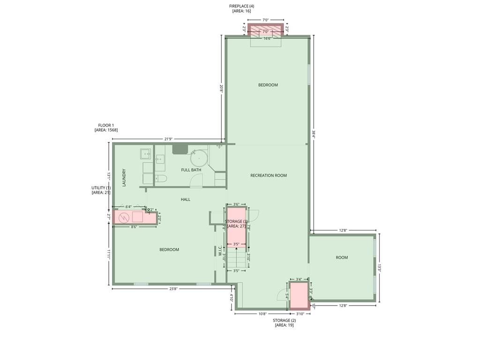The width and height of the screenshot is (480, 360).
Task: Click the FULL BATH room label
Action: [x=191, y=170]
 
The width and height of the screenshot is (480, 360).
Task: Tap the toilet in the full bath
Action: [x=160, y=178]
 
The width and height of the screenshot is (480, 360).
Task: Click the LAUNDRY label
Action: [x=124, y=178]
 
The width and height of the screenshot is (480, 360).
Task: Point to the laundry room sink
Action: [x=145, y=153]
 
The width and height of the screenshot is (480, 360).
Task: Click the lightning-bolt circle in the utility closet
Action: [x=124, y=217]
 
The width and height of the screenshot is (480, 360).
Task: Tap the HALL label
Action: [x=186, y=199]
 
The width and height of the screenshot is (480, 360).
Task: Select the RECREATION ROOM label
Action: [x=268, y=175]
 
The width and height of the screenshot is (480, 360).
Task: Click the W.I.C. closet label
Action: [x=220, y=250]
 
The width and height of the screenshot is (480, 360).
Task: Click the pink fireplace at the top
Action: [x=266, y=30]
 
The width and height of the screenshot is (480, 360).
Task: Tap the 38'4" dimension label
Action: [x=314, y=134]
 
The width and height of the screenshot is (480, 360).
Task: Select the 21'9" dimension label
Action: [x=170, y=139]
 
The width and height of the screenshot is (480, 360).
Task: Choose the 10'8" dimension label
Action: [x=262, y=314]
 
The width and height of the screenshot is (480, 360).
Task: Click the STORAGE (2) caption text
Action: [x=284, y=320]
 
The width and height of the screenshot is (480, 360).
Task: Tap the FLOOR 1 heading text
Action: [x=106, y=125]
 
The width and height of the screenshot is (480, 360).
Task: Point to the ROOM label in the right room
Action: [x=342, y=257]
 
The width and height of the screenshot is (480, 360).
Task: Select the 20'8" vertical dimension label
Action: [x=221, y=88]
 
